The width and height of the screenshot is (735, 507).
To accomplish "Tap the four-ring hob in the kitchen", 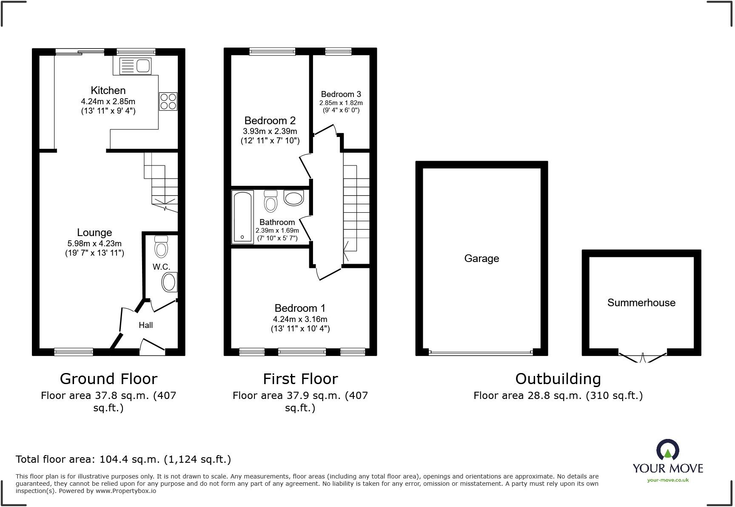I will point(168,101).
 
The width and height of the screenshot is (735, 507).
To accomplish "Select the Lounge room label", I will point(94,233).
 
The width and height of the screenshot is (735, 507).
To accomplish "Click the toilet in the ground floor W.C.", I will point(161,247).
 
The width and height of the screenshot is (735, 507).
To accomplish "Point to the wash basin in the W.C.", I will point(169,282).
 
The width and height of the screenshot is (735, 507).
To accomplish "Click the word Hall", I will point(145,325).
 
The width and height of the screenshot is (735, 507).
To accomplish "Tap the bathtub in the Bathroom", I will point(242,217).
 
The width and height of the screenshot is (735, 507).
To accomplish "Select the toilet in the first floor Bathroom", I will point(271,201).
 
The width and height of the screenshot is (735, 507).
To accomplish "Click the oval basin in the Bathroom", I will point(293,198).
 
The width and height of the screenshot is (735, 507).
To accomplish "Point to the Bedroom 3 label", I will point(341,94).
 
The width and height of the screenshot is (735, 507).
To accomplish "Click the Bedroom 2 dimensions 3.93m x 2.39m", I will point(270,131).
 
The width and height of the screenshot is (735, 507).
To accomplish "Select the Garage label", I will point(481,259).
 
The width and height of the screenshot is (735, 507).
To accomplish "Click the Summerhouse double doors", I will point(642,357).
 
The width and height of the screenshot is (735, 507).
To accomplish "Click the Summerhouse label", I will point(641,303).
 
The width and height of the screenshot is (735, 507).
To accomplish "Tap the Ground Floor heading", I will point(108,379).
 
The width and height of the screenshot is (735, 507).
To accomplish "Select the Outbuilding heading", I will point(558,379).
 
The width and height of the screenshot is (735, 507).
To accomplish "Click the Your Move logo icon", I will point(667,450).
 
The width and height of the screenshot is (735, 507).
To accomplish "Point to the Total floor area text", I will point(123,459).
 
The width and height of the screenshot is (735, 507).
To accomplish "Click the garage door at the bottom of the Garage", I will point(481,353).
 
